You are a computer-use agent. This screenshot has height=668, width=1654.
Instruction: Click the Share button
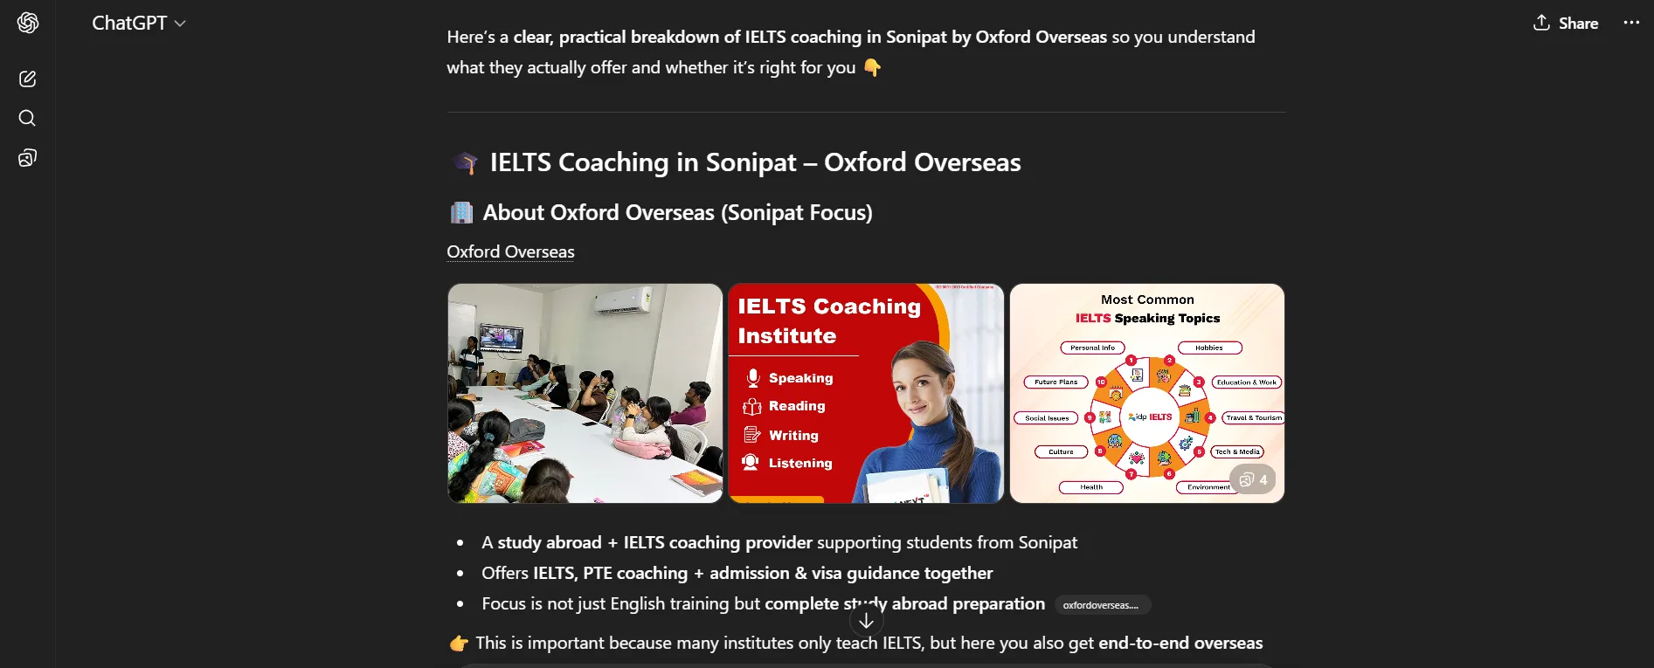1566,24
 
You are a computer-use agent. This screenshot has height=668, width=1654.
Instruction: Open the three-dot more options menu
1631,23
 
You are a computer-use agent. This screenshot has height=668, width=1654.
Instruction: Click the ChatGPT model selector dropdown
139,24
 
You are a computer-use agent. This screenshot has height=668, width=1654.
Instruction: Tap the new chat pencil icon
28,79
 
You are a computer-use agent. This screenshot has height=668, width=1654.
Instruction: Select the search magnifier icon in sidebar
28,118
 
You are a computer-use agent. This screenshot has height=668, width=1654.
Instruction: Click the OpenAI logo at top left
28,23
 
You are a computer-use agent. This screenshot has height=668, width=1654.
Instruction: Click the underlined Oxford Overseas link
510,252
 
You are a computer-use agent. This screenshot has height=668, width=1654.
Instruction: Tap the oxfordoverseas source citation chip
1101,605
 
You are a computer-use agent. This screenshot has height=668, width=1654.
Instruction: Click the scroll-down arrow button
866,621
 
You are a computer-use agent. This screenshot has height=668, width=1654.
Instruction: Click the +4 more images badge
1253,479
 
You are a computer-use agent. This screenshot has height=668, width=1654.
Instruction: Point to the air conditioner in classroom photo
622,301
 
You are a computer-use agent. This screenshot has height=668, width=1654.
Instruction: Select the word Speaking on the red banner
800,378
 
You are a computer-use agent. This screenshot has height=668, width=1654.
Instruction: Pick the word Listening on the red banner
799,464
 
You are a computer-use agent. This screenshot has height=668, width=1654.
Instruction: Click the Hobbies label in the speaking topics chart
1209,348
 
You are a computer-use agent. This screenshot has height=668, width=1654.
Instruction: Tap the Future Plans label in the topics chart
1055,382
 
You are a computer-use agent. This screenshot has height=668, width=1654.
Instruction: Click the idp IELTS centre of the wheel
1150,417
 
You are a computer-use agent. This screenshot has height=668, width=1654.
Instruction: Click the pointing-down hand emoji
872,68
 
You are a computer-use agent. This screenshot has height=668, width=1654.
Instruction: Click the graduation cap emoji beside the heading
466,163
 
